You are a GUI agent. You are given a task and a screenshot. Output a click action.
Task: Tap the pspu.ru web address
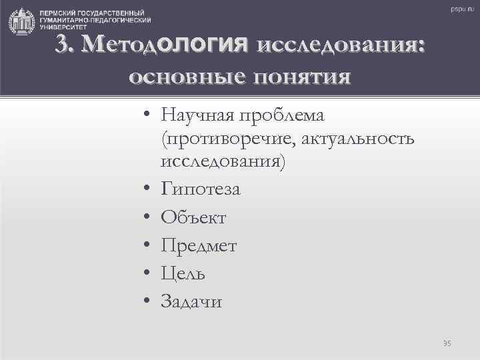tap(459, 10)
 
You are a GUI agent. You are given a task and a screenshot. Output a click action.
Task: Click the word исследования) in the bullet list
tap(222, 162)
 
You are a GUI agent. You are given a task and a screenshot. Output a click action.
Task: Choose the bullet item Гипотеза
tap(201, 189)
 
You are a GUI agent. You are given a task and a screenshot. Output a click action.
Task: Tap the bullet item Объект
tap(193, 218)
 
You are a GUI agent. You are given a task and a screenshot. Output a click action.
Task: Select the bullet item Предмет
tap(199, 246)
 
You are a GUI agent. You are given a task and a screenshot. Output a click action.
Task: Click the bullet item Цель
tap(183, 274)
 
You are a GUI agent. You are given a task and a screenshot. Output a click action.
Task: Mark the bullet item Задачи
tap(192, 302)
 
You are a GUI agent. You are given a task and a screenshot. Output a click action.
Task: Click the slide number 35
tap(447, 343)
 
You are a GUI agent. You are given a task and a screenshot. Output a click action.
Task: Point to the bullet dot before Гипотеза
tap(145, 190)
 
